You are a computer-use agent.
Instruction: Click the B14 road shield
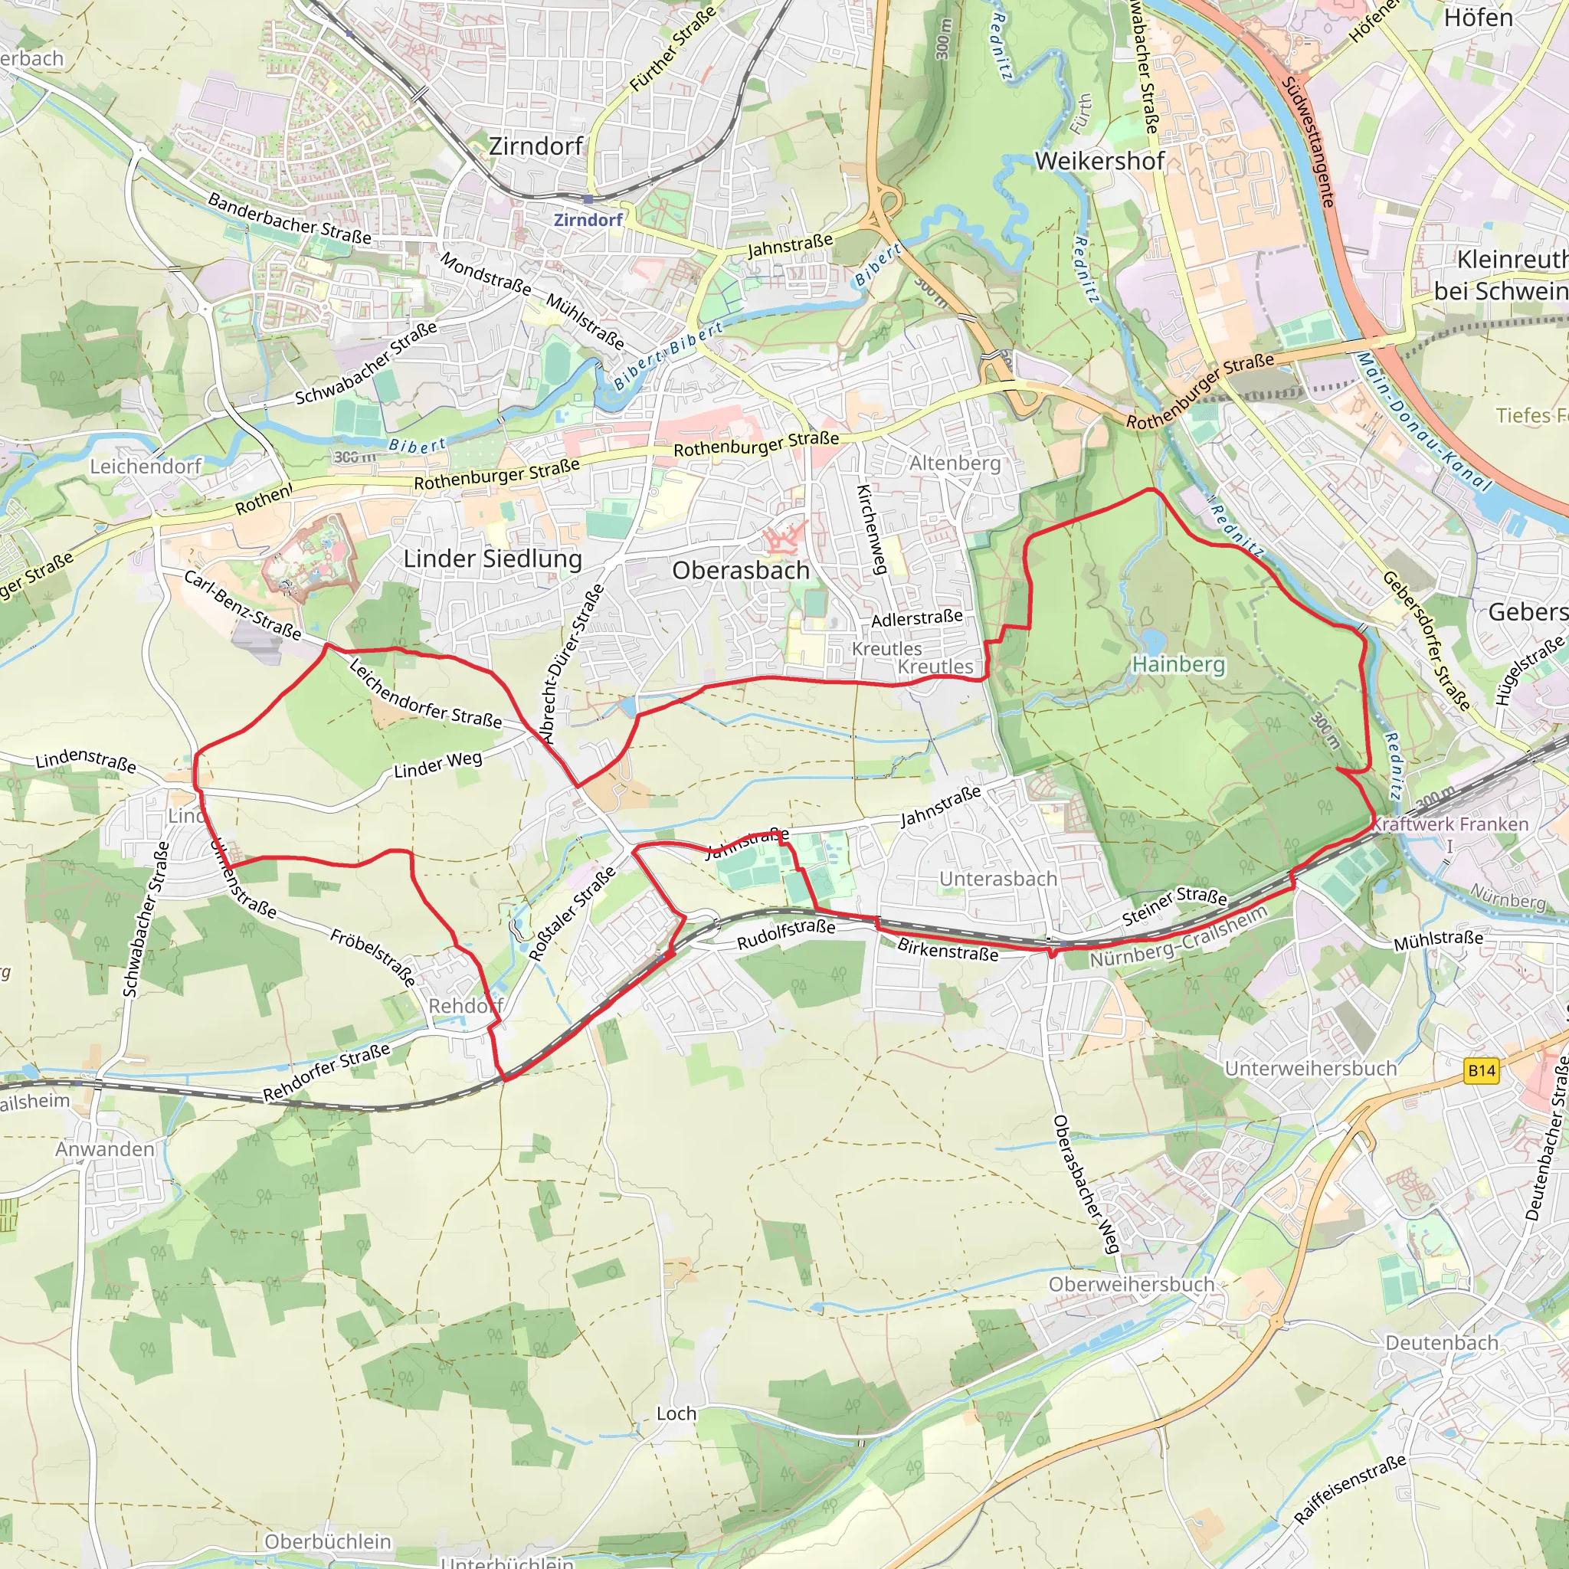pos(1482,1070)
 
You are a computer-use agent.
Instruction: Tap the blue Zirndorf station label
pos(588,220)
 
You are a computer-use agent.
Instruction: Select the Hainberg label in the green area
pos(1178,664)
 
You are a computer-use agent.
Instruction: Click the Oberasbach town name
pos(741,570)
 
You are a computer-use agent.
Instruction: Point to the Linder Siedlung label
pos(493,558)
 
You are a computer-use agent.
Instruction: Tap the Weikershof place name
pos(1099,161)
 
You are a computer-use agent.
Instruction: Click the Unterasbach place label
pos(998,879)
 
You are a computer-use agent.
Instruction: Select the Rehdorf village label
pos(465,1006)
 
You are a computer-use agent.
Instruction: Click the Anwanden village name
pos(105,1149)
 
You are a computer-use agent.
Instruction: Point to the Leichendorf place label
pos(146,466)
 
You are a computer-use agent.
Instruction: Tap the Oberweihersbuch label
pos(1132,1284)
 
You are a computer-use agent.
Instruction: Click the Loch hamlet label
pos(676,1414)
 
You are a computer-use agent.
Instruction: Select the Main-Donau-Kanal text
pos(1423,421)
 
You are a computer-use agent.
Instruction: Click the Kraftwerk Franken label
pos(1450,824)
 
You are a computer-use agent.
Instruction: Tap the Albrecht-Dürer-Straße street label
pos(572,664)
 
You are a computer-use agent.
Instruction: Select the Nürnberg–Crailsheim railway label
pos(1178,937)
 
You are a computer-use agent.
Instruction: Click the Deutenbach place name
pos(1442,1342)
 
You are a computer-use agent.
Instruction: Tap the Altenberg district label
pos(955,463)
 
